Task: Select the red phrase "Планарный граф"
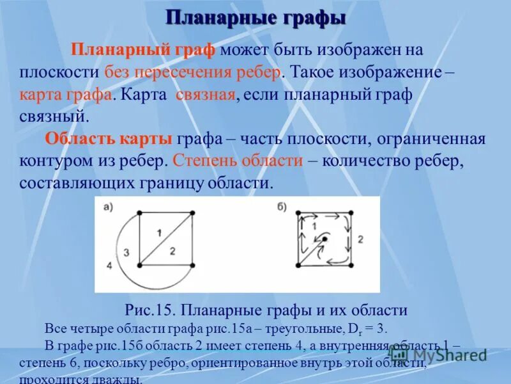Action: (x=144, y=49)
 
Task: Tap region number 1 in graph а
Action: (x=159, y=231)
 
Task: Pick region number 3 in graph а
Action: (x=126, y=252)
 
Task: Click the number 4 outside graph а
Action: (x=109, y=264)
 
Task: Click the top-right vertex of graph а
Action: (x=192, y=212)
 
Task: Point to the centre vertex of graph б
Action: (x=324, y=239)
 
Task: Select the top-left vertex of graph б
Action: (x=299, y=213)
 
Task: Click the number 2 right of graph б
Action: (x=360, y=239)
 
